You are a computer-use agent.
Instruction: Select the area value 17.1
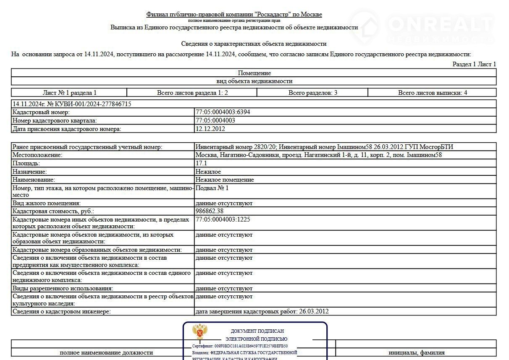click(201, 163)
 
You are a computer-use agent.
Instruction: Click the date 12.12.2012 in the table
click(210, 129)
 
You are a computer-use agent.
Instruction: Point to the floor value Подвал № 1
click(212, 188)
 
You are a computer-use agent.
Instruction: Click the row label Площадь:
click(26, 163)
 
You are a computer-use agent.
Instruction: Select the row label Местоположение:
click(37, 155)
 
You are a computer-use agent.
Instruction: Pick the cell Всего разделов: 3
click(312, 93)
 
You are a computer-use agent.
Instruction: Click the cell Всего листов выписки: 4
click(432, 93)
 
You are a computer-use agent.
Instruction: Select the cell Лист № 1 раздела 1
click(69, 93)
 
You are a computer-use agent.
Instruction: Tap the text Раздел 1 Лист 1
click(474, 64)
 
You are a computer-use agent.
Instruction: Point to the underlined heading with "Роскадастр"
click(234, 14)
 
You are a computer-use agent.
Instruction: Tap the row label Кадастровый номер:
click(41, 112)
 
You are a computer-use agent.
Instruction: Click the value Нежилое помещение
click(224, 180)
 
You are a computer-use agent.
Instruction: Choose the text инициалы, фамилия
click(416, 352)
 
